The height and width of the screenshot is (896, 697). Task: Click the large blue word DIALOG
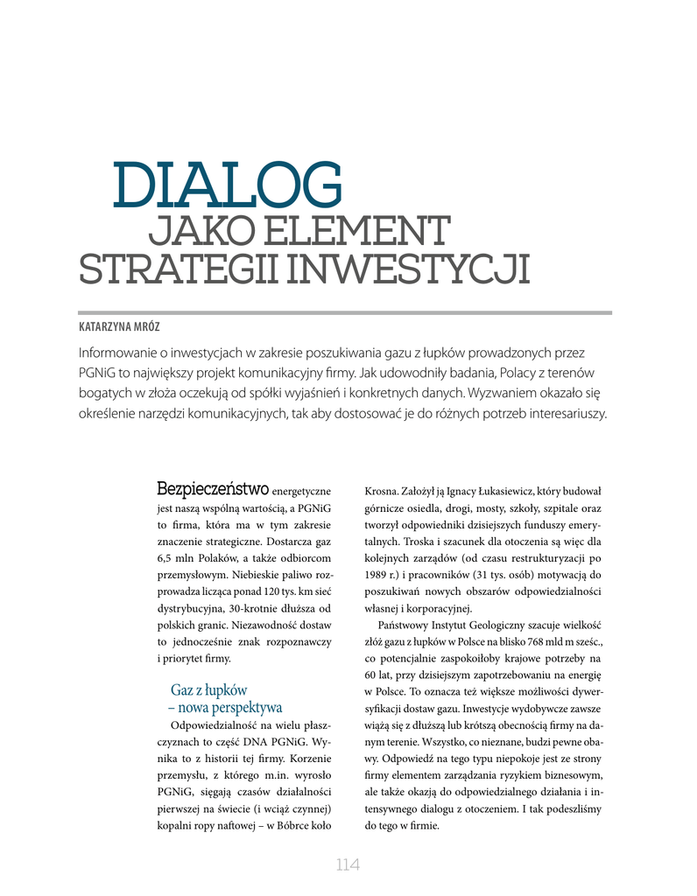(228, 185)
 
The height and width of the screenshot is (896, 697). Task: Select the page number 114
(348, 865)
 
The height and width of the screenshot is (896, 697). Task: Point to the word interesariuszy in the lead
(561, 413)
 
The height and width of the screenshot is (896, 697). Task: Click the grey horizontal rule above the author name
(345, 311)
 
